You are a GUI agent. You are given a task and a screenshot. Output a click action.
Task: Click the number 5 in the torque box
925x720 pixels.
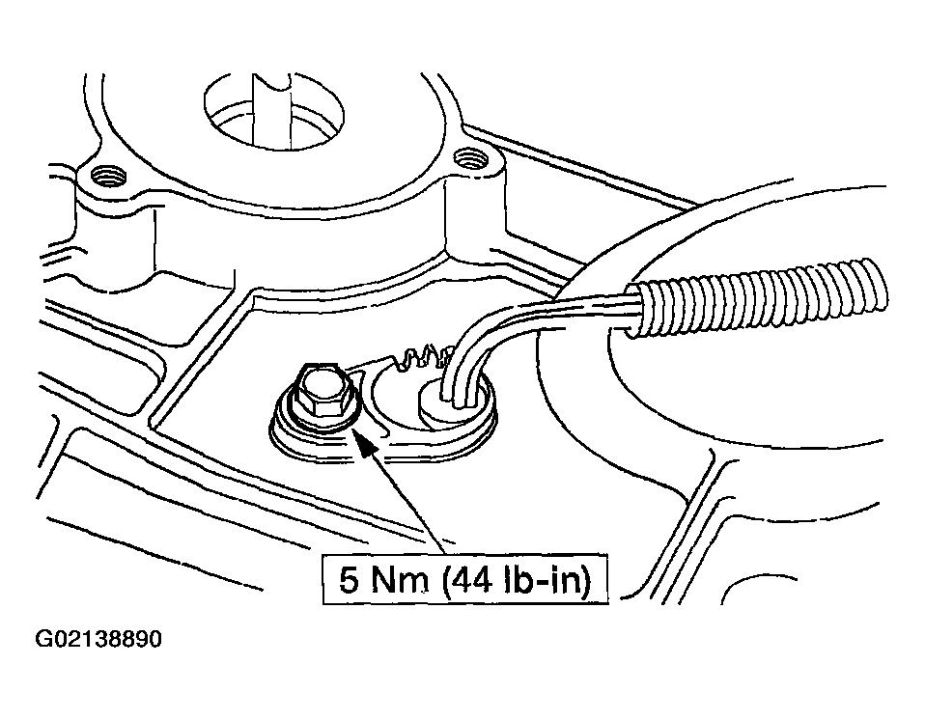coord(349,580)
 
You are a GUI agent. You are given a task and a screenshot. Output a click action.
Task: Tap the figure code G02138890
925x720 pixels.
coord(98,639)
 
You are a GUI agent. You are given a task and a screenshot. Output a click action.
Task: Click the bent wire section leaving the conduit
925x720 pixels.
coord(507,330)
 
